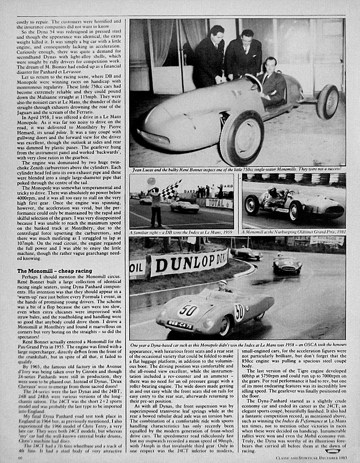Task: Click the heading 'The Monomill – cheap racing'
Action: click(x=54, y=271)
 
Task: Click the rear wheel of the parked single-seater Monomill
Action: click(x=327, y=102)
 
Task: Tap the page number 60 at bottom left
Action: click(x=20, y=458)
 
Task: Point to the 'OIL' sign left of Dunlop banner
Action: click(x=137, y=268)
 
